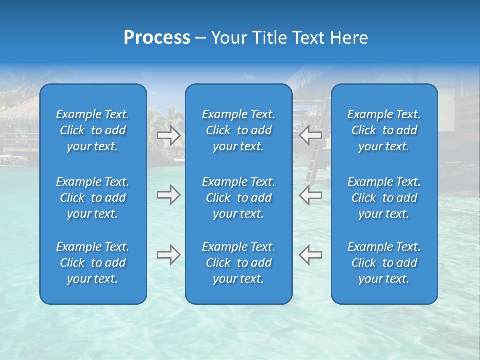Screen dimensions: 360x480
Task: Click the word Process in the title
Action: [157, 38]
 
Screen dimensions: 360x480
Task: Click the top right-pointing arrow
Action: [169, 135]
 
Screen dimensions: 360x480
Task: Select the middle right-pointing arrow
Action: [169, 195]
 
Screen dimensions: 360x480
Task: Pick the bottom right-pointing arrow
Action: [169, 255]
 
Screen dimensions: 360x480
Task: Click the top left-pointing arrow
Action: [310, 135]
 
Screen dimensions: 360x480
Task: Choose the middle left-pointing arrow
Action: [310, 195]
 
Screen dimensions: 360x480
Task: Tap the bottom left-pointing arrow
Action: [310, 255]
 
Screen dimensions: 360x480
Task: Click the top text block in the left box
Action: [93, 130]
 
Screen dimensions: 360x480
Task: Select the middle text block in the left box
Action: [93, 198]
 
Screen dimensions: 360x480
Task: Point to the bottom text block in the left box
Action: [93, 263]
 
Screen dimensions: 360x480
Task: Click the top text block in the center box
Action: [239, 130]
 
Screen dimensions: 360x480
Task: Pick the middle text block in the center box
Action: [239, 198]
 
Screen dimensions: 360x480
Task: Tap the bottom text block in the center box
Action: [239, 263]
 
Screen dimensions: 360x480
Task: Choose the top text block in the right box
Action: [384, 130]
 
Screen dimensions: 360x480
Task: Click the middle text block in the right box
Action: [384, 198]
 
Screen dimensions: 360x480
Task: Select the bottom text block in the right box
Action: [384, 263]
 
